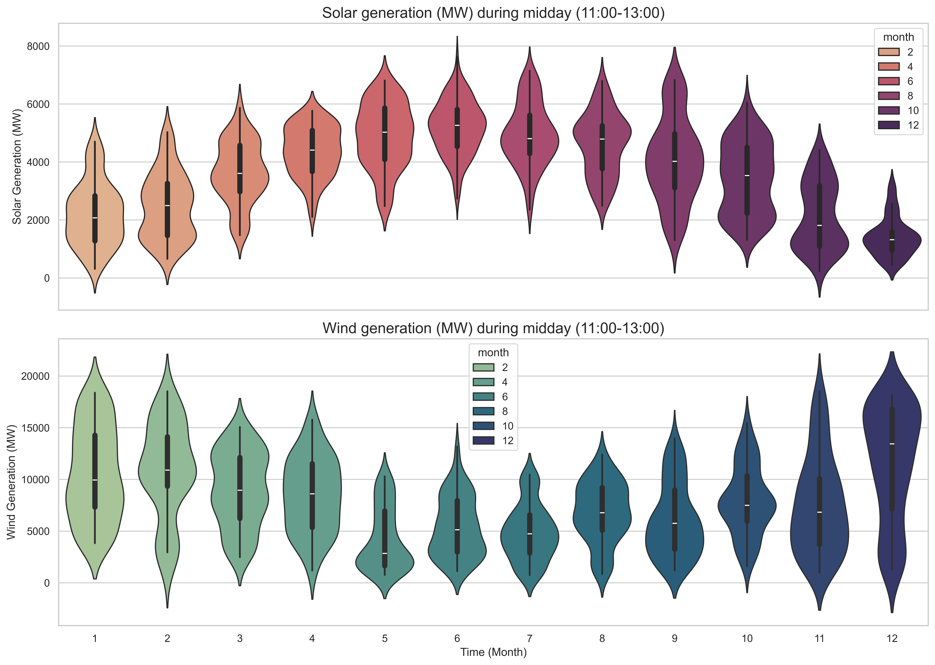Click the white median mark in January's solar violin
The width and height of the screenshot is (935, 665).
(95, 218)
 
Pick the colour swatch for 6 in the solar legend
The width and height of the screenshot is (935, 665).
(888, 81)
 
